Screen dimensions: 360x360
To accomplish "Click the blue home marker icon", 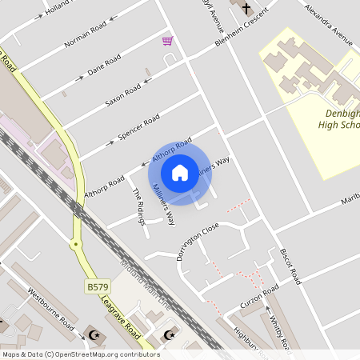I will click(x=180, y=172).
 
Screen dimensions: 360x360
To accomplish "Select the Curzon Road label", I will click(x=259, y=297).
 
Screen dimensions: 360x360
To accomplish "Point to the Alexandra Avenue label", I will click(x=328, y=24).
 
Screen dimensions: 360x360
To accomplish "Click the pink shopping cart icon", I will click(x=167, y=40).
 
